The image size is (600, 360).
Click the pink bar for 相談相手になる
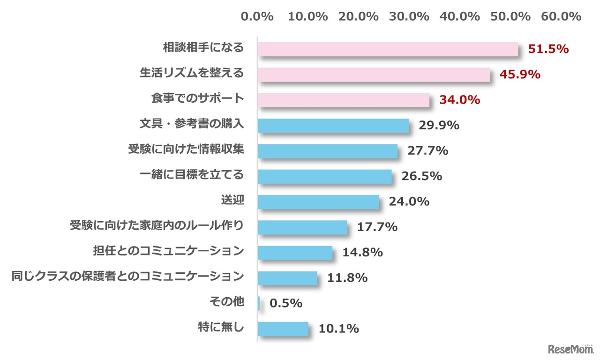[x=388, y=49]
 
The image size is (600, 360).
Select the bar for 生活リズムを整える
[x=374, y=75]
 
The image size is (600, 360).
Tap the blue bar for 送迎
[x=318, y=202]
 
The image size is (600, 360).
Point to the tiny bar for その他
[x=259, y=303]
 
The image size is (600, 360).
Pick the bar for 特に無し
[x=283, y=329]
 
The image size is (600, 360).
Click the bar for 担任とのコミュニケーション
[x=295, y=253]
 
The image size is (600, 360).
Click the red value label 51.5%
[x=548, y=49]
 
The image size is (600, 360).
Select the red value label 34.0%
[x=459, y=100]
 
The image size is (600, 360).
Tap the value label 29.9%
[x=438, y=126]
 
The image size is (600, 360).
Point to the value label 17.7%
[x=377, y=227]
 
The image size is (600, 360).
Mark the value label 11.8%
[x=347, y=278]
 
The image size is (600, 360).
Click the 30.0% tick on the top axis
[x=409, y=16]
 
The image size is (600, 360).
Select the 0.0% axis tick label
[x=257, y=16]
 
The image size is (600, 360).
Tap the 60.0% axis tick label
[x=561, y=16]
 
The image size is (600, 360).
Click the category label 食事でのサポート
[x=197, y=98]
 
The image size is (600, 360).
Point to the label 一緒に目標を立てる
[x=192, y=175]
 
